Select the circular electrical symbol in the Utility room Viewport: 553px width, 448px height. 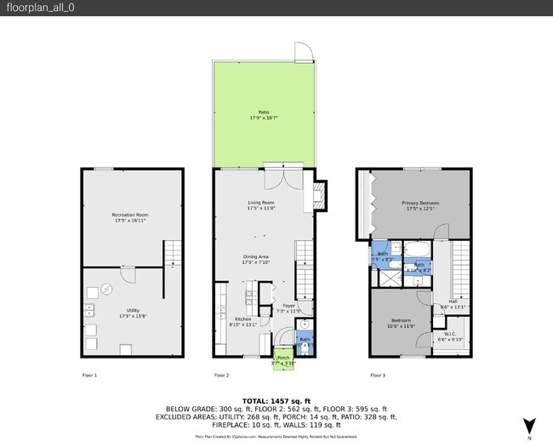pyautogui.click(x=107, y=289)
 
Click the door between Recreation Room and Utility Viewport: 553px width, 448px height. pyautogui.click(x=128, y=273)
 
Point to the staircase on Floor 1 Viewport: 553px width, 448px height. pyautogui.click(x=173, y=253)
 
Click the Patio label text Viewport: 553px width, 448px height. pyautogui.click(x=263, y=114)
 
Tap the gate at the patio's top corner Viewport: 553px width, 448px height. pyautogui.click(x=304, y=52)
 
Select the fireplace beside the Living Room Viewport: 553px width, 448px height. pyautogui.click(x=318, y=196)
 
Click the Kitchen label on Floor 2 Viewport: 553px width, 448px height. pyautogui.click(x=242, y=321)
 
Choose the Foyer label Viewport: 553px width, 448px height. pyautogui.click(x=289, y=307)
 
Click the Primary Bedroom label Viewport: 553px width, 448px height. pyautogui.click(x=420, y=204)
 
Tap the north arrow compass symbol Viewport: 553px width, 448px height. pyautogui.click(x=529, y=425)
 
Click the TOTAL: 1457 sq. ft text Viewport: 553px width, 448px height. pyautogui.click(x=276, y=399)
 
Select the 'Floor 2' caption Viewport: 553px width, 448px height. pyautogui.click(x=220, y=375)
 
